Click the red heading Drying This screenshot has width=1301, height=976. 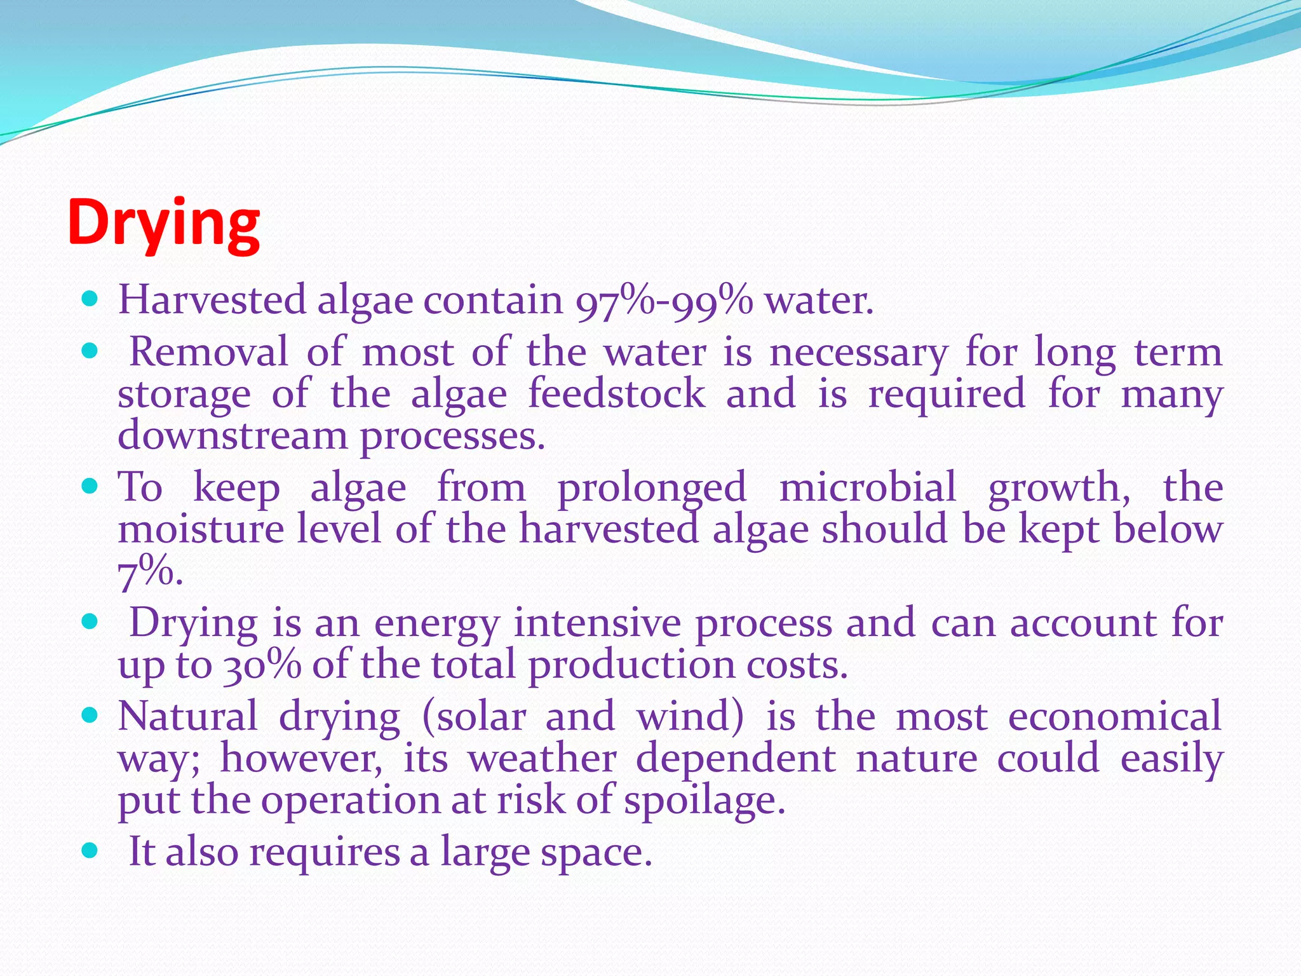(x=163, y=224)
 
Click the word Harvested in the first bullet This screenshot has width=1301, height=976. (x=212, y=300)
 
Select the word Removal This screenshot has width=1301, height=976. (x=208, y=352)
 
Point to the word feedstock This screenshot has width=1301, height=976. (x=616, y=394)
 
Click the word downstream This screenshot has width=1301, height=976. (x=232, y=437)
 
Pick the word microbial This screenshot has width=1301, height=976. (x=867, y=488)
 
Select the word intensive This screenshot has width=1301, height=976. (x=597, y=623)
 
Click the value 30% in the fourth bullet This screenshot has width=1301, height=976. (x=262, y=666)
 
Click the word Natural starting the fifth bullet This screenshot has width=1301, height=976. (x=188, y=717)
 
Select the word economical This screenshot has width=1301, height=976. (x=1115, y=717)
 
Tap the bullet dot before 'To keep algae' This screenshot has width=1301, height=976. (x=90, y=487)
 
